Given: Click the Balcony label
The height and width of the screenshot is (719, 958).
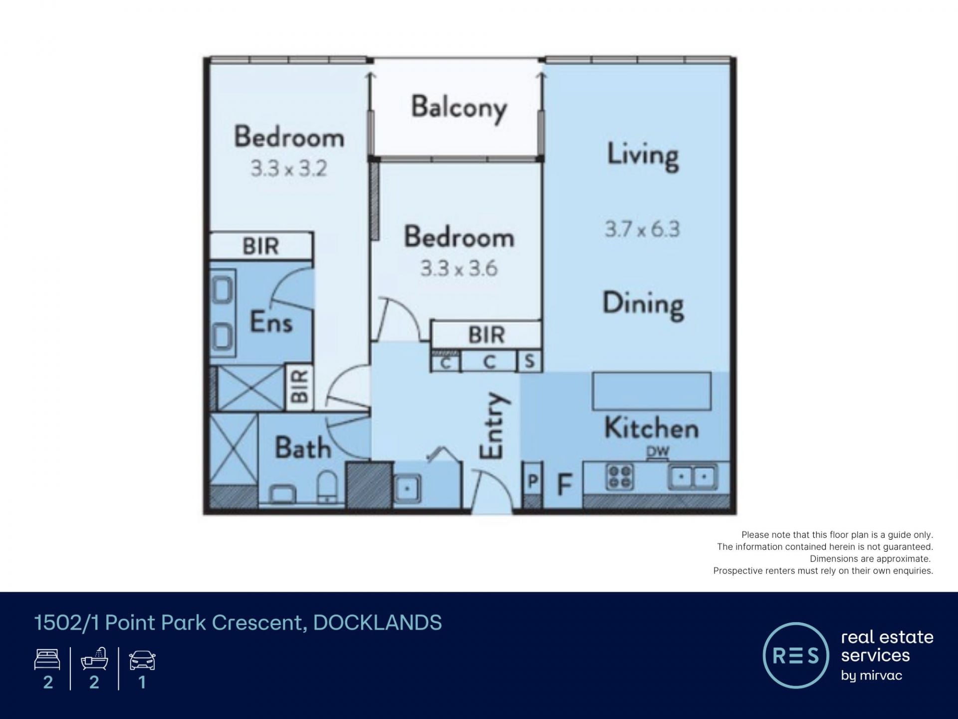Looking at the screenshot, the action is [459, 108].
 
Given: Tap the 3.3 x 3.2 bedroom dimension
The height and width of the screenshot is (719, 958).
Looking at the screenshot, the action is [289, 169].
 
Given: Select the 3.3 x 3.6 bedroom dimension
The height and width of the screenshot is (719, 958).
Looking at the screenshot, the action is [459, 269].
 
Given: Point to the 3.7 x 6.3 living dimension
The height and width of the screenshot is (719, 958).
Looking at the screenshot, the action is [642, 229].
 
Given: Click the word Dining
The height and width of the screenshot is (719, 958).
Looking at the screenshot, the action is [643, 305].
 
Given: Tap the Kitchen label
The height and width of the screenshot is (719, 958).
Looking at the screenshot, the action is [652, 428].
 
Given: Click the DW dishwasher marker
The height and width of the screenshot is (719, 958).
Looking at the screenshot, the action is [658, 452].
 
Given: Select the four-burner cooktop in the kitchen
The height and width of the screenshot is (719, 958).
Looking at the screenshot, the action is [620, 476].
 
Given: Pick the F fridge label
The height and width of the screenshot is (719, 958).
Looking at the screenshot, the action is [564, 483].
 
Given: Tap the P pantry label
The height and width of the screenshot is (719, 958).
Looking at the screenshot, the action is [533, 481].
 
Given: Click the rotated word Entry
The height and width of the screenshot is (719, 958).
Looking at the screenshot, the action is [493, 425].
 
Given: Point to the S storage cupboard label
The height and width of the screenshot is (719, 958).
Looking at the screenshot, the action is [529, 361].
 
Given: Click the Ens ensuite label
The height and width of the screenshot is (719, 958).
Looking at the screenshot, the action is [271, 322].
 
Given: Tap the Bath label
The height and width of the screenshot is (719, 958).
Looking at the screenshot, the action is [303, 447].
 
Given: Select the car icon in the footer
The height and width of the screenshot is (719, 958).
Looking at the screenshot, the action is [142, 660].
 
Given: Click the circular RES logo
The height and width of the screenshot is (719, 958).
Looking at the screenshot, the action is [796, 655].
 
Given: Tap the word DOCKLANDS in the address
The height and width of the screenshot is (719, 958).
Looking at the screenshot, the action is [378, 623].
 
